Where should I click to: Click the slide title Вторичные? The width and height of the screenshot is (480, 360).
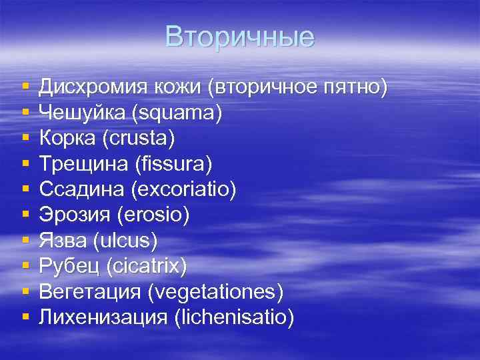[239, 37]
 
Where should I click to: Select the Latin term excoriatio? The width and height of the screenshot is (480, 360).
[183, 190]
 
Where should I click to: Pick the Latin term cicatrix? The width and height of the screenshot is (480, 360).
[147, 267]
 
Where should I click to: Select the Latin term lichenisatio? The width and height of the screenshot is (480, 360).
[233, 317]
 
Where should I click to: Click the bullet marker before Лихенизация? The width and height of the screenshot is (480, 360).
[25, 317]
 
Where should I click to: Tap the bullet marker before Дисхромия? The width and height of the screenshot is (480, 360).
[25, 87]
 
